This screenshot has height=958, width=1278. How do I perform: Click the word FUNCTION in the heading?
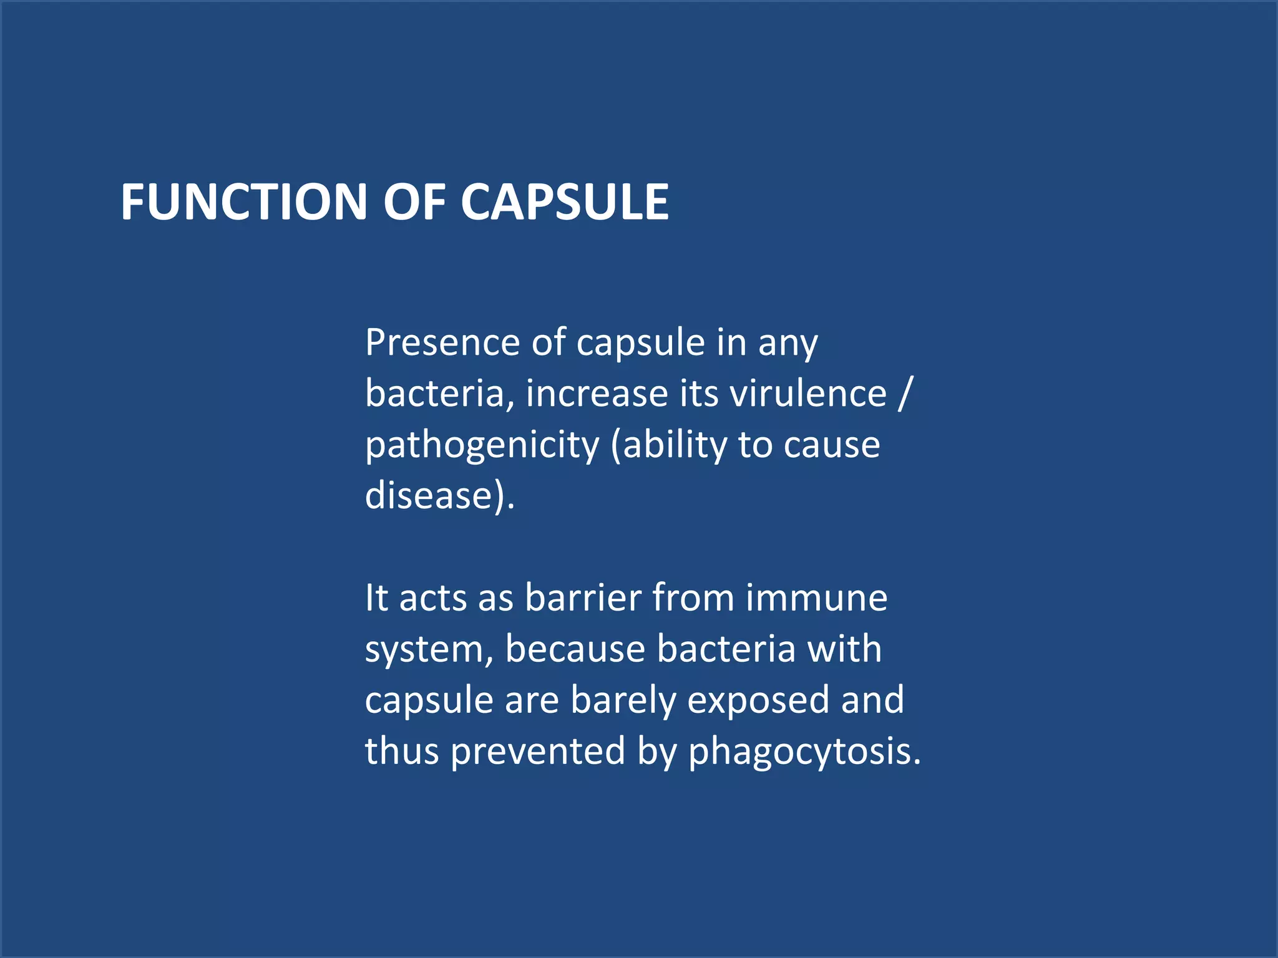(244, 202)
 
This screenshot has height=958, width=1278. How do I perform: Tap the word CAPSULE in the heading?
(565, 202)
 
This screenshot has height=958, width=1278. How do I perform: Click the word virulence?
(807, 394)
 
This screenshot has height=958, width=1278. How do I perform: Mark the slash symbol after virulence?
(904, 394)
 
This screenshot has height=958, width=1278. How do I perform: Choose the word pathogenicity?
(482, 446)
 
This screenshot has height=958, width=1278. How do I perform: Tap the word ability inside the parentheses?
(675, 446)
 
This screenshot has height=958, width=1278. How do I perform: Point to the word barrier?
(583, 598)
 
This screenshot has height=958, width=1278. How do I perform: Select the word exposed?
(758, 700)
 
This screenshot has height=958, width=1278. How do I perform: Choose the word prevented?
(537, 751)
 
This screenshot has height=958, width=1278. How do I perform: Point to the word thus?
(402, 751)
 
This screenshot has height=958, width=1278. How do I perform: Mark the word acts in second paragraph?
(433, 598)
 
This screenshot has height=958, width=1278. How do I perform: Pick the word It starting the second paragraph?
(376, 598)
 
